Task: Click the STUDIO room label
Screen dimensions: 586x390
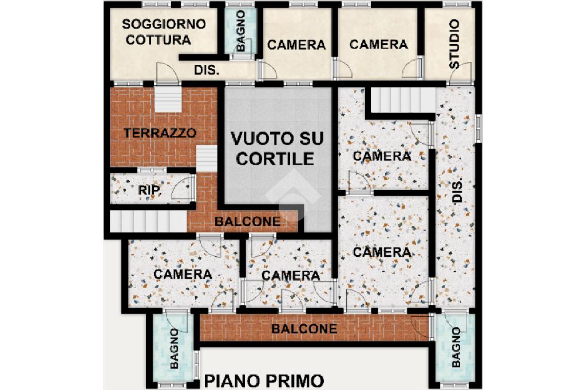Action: pyautogui.click(x=454, y=45)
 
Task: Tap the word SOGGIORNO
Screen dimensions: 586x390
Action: pyautogui.click(x=164, y=24)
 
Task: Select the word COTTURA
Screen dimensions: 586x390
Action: pyautogui.click(x=159, y=40)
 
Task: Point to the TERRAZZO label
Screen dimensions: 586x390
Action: pyautogui.click(x=160, y=133)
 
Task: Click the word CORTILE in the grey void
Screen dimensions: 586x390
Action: pyautogui.click(x=275, y=159)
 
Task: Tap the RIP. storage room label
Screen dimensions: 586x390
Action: pyautogui.click(x=150, y=190)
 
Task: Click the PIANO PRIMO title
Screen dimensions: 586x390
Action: pyautogui.click(x=264, y=381)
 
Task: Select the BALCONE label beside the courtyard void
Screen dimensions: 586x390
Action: pyautogui.click(x=247, y=221)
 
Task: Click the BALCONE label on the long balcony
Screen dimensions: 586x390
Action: pyautogui.click(x=304, y=329)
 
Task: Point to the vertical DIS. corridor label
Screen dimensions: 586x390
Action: pyautogui.click(x=457, y=190)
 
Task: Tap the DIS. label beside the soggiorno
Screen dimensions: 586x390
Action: pyautogui.click(x=207, y=70)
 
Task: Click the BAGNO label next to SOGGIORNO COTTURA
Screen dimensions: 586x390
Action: pyautogui.click(x=241, y=31)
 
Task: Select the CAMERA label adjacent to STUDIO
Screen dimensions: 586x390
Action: pyautogui.click(x=379, y=45)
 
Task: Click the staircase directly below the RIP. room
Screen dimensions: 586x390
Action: pyautogui.click(x=148, y=221)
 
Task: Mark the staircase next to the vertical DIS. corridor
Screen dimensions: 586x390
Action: pyautogui.click(x=403, y=100)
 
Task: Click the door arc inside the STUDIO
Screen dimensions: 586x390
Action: pyautogui.click(x=459, y=72)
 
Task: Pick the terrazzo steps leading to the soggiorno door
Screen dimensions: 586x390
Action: pyautogui.click(x=168, y=99)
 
